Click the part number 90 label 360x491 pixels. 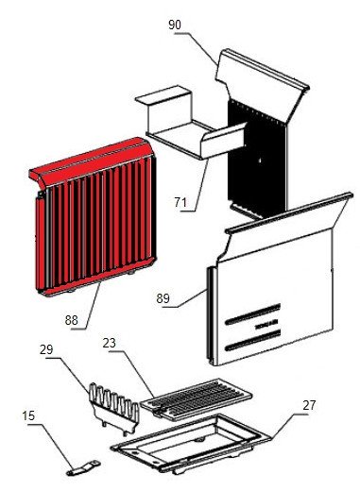pyautogui.click(x=175, y=25)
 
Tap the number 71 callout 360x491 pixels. pyautogui.click(x=180, y=202)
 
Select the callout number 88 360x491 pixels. pyautogui.click(x=71, y=320)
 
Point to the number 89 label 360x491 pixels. pyautogui.click(x=163, y=298)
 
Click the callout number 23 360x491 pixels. pyautogui.click(x=109, y=343)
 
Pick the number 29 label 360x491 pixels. pyautogui.click(x=46, y=349)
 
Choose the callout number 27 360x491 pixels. pyautogui.click(x=309, y=405)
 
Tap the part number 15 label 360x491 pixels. pyautogui.click(x=28, y=415)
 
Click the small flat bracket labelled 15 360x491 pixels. pyautogui.click(x=83, y=468)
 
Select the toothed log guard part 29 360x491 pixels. pyautogui.click(x=114, y=408)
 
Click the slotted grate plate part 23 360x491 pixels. pyautogui.click(x=196, y=399)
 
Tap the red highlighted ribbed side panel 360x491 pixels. pyautogui.click(x=94, y=217)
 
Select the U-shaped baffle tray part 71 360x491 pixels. pyautogui.click(x=192, y=126)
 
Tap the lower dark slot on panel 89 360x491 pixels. pyautogui.click(x=253, y=340)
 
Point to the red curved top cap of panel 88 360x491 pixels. pyautogui.click(x=92, y=161)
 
